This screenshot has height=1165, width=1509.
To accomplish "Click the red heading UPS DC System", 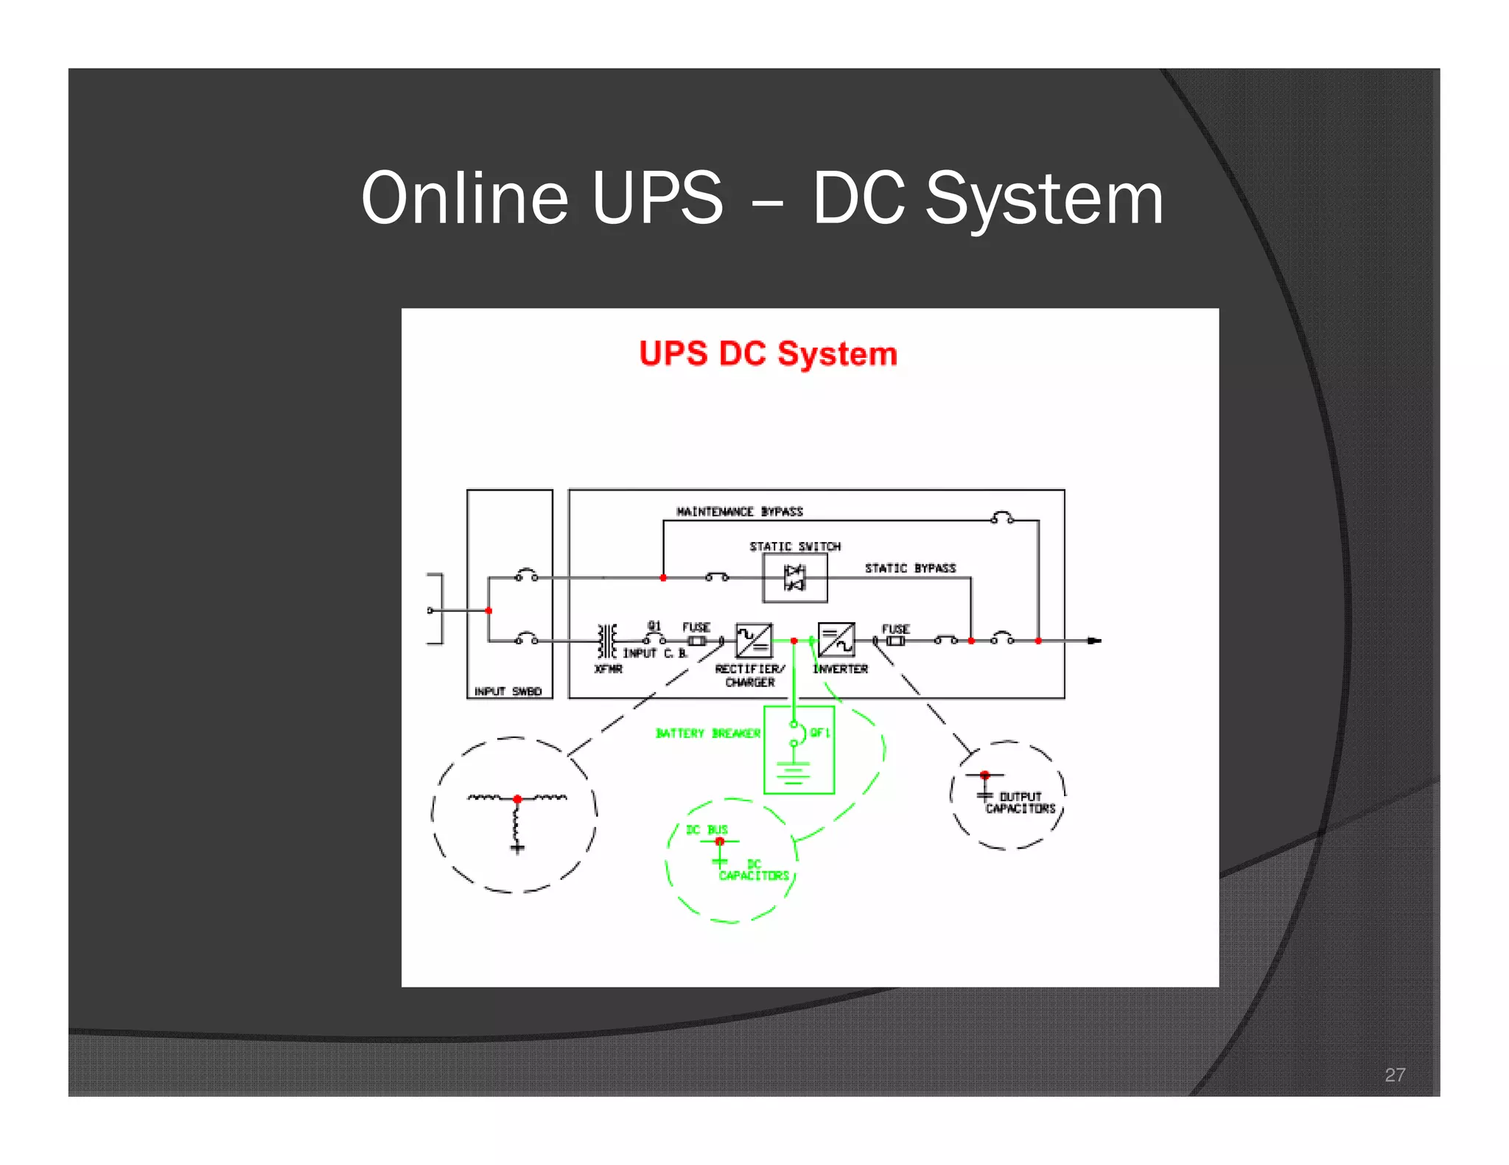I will click(x=768, y=354).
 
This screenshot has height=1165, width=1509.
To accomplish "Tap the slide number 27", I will click(x=1394, y=1074).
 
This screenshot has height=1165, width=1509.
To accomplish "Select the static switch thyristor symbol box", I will click(x=794, y=578).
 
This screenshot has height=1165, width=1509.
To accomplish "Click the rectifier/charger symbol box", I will click(x=754, y=640).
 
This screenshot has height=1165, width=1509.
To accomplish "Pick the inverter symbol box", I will click(x=836, y=640).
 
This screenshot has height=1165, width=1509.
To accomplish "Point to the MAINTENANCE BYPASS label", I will click(x=739, y=512).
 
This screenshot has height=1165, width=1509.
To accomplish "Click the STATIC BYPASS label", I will click(x=910, y=569).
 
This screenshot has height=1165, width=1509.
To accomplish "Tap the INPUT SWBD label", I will click(x=508, y=691).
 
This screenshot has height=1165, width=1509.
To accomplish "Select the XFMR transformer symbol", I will click(x=607, y=641).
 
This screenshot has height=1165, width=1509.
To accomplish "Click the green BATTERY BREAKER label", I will click(x=707, y=733).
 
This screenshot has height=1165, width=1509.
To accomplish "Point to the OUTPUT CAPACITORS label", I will click(x=1020, y=803).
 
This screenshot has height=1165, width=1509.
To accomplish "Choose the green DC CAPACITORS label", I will click(x=754, y=870).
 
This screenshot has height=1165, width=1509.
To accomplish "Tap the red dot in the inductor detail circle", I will click(x=517, y=799).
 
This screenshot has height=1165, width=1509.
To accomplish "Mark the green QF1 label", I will click(x=820, y=733).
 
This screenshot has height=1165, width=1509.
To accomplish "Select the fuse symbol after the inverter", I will click(x=895, y=641).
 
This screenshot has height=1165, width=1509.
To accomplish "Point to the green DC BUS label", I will click(x=707, y=830).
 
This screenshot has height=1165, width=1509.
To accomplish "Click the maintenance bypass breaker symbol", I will click(x=1002, y=518).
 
